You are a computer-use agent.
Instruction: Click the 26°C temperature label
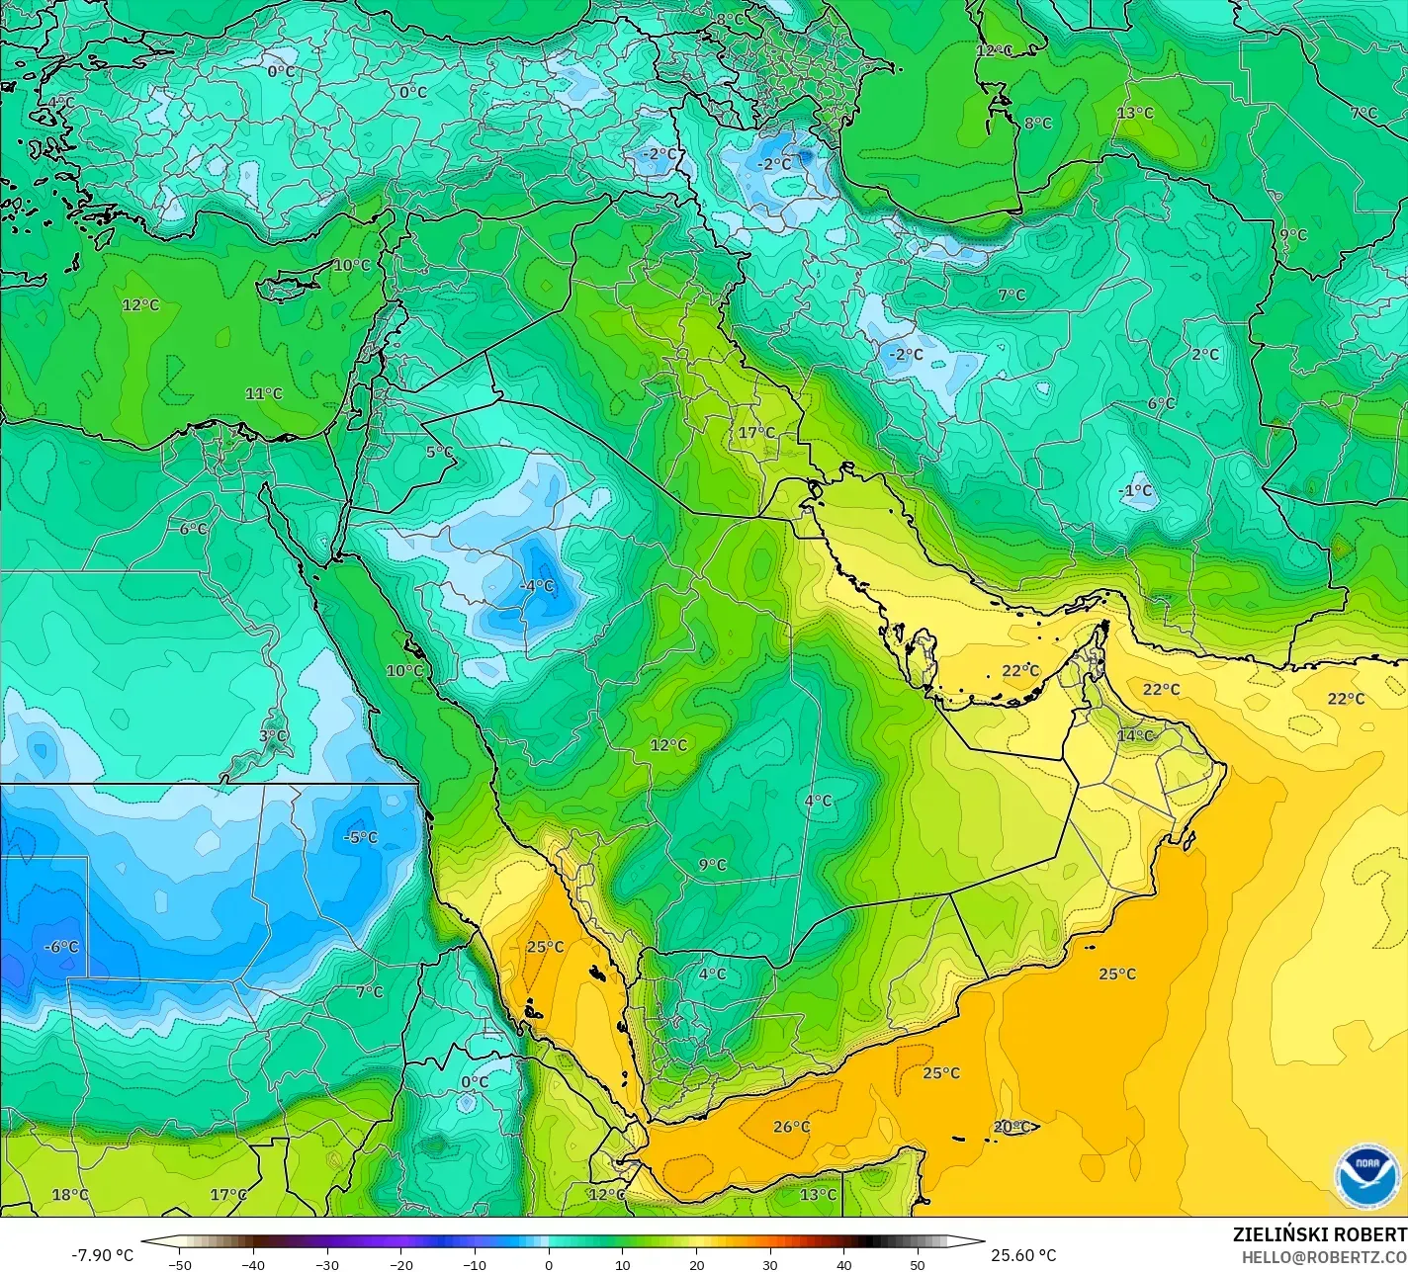tap(791, 1127)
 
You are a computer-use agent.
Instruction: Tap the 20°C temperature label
tap(1012, 1127)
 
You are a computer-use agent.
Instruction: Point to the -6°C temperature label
tap(61, 947)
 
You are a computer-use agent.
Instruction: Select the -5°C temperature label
tap(360, 838)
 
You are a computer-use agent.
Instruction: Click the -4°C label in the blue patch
tap(537, 586)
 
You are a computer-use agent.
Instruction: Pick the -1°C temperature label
tap(1135, 491)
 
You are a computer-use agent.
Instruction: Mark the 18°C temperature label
tap(70, 1195)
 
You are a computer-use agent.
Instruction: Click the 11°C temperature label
tap(264, 393)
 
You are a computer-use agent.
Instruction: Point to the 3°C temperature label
tap(273, 736)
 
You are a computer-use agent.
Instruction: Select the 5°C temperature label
tap(439, 453)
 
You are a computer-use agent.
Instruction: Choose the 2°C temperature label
tap(1205, 354)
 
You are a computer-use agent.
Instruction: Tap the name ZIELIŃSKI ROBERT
tap(1319, 1235)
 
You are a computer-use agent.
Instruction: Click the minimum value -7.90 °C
tap(102, 1255)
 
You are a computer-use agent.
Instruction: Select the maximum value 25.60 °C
tap(1024, 1255)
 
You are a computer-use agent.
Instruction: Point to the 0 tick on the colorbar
tap(549, 1264)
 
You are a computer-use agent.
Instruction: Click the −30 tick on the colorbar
tap(327, 1264)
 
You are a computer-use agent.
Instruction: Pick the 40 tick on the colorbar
tap(844, 1264)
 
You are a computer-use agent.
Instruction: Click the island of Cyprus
tap(289, 286)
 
